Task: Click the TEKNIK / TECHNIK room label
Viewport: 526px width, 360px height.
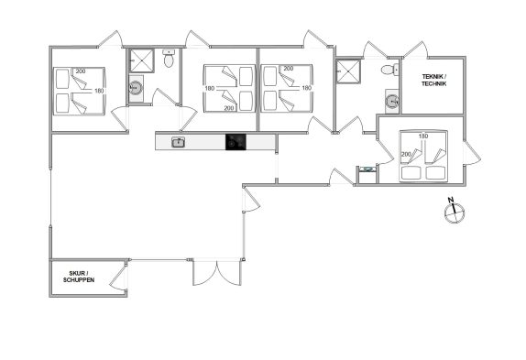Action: pos(433,80)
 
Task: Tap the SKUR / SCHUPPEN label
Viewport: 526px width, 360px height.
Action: pos(79,277)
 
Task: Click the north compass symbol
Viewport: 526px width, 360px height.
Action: pos(455,212)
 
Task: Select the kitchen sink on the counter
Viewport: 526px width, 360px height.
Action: pos(178,142)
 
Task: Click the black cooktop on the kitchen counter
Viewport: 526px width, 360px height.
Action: pos(236,142)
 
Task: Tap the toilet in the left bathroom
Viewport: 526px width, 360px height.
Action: pos(169,59)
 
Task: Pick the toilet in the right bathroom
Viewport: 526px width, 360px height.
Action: pos(389,70)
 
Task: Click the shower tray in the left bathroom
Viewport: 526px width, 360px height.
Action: pos(142,60)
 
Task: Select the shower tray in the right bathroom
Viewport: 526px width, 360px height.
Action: pos(348,71)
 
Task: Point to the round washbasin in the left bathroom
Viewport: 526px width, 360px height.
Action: pos(136,89)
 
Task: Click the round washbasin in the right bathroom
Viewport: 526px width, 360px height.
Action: pos(392,101)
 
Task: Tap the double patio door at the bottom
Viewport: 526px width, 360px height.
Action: pos(217,272)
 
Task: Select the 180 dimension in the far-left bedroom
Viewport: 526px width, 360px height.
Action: pos(99,91)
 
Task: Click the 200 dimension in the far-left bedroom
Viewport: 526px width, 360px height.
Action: pos(81,71)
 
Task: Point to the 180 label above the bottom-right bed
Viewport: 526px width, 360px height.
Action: pos(423,136)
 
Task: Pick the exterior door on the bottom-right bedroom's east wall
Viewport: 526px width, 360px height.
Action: pos(472,153)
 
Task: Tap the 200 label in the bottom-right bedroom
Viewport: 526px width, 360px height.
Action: pos(406,154)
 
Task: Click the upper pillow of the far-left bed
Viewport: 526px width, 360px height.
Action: pos(62,79)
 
